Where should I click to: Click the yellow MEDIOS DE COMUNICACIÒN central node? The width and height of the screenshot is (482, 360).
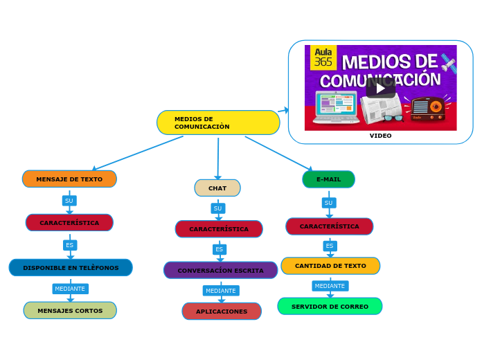(218, 123)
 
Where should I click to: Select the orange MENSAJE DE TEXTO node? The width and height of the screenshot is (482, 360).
(69, 179)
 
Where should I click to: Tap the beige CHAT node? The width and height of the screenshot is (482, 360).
(217, 188)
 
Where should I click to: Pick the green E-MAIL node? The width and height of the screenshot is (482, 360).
(328, 179)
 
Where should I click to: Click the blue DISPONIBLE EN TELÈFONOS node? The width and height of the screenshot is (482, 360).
(71, 267)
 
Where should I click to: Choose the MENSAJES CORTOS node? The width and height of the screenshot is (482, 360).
(70, 310)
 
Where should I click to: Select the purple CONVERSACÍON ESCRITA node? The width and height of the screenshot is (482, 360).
(220, 270)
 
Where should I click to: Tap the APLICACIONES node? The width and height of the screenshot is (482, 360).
(222, 312)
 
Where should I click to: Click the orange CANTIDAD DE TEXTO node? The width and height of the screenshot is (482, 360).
(330, 266)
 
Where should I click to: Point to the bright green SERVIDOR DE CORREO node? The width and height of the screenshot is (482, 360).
(330, 306)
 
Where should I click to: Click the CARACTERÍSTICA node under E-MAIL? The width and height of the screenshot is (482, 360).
(329, 226)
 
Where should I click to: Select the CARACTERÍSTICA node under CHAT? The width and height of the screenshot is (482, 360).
(219, 228)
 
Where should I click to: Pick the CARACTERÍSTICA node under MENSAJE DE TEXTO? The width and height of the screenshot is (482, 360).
(69, 222)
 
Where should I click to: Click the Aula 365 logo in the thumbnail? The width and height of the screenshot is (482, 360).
(323, 57)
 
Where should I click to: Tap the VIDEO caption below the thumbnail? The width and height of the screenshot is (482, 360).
(380, 136)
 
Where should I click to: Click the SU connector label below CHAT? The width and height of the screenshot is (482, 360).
(217, 208)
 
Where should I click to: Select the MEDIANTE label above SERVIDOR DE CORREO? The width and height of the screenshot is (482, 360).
(330, 286)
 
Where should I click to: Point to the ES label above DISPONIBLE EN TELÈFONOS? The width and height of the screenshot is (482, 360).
(69, 245)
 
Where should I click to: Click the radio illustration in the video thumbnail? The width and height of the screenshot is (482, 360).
(427, 108)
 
